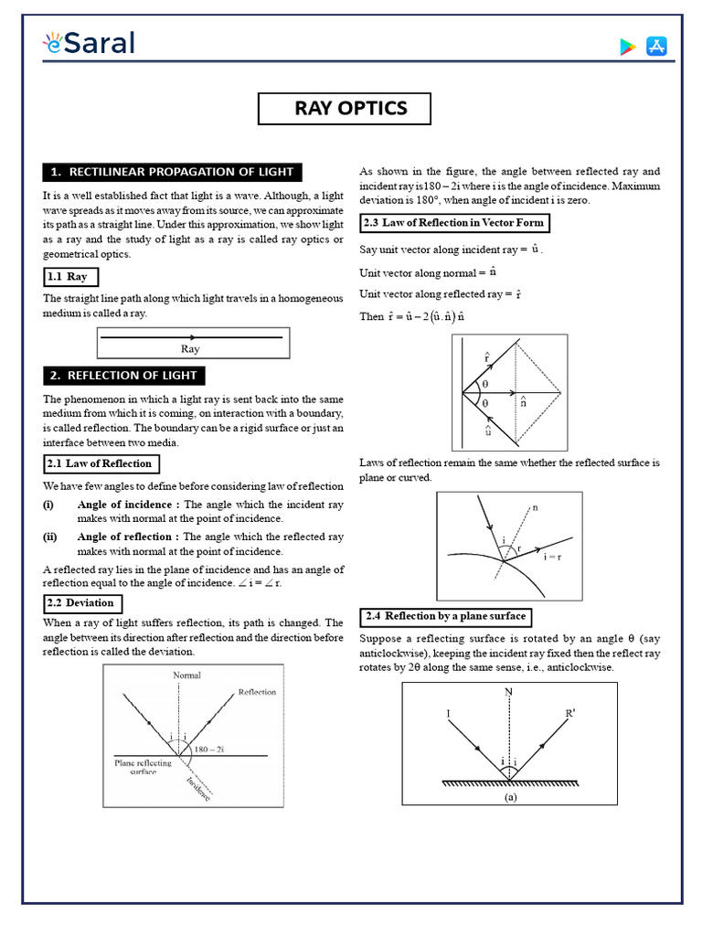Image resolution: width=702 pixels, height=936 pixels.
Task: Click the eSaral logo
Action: [88, 43]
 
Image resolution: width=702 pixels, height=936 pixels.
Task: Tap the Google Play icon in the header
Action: [627, 47]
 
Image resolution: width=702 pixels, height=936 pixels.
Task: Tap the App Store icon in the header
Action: [656, 47]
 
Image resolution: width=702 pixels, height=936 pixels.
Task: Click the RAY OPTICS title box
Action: [350, 109]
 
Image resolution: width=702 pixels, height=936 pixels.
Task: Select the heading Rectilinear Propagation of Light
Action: [172, 172]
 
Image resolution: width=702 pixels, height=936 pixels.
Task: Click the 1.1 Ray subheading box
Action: [70, 276]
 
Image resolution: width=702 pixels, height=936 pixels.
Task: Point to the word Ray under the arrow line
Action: [190, 349]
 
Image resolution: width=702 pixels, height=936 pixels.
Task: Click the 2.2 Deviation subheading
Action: [82, 603]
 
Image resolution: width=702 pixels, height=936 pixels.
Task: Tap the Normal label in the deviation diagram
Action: [186, 675]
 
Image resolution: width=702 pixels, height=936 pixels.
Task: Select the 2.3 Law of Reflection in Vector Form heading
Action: [453, 222]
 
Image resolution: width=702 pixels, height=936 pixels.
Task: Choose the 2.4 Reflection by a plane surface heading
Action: [445, 615]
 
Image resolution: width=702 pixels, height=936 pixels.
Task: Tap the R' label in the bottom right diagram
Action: [570, 712]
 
